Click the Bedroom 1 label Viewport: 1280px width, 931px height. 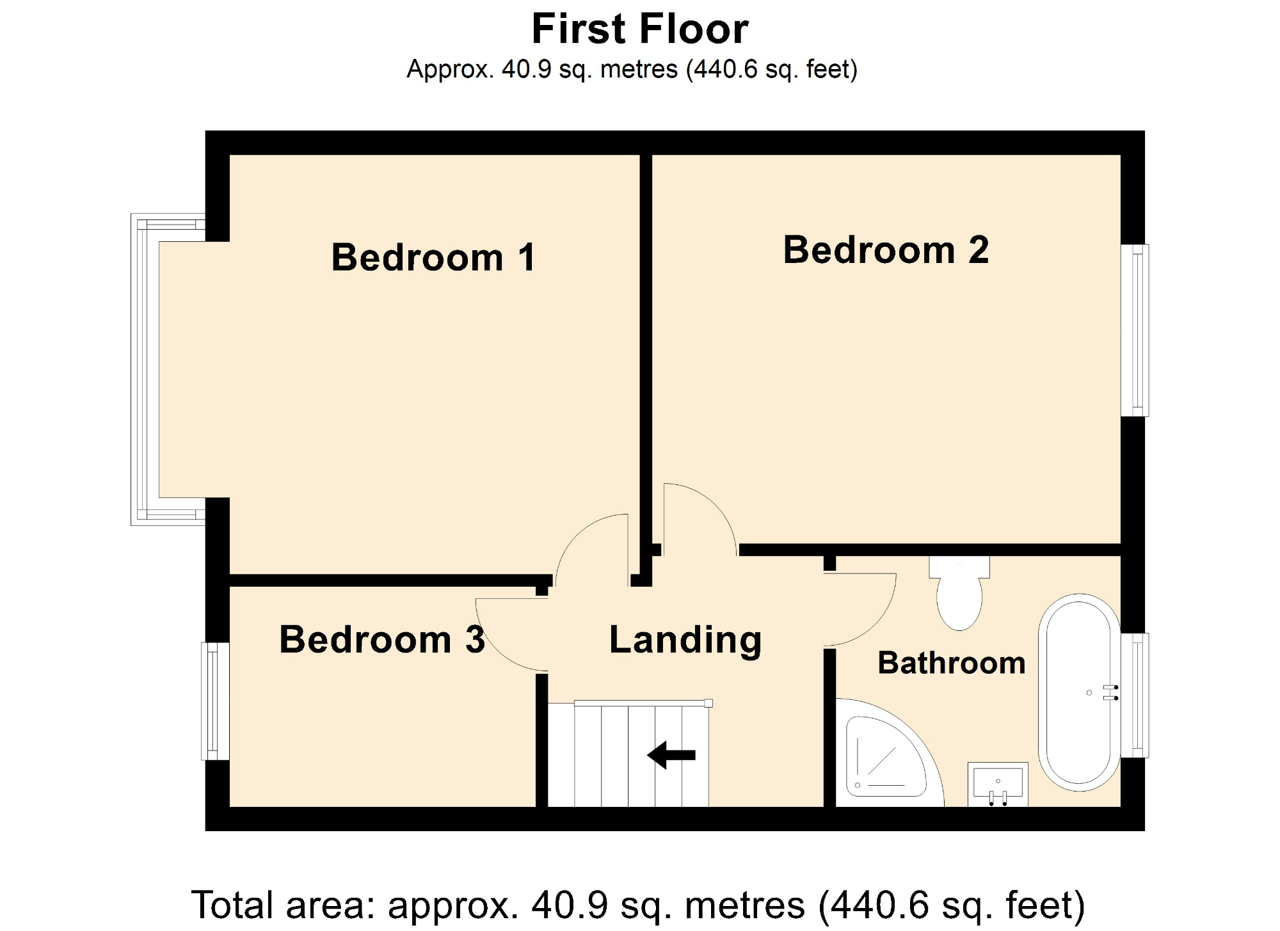click(433, 257)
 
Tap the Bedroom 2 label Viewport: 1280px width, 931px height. click(886, 250)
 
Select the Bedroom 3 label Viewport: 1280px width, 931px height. click(382, 639)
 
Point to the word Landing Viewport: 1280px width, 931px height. click(685, 639)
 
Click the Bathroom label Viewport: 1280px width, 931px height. click(951, 663)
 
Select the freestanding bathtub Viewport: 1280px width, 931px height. click(1079, 692)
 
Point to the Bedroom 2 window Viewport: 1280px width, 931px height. click(1136, 330)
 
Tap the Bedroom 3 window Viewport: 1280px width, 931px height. click(215, 701)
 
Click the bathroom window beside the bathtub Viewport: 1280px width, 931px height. click(1136, 696)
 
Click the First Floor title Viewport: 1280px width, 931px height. click(639, 29)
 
